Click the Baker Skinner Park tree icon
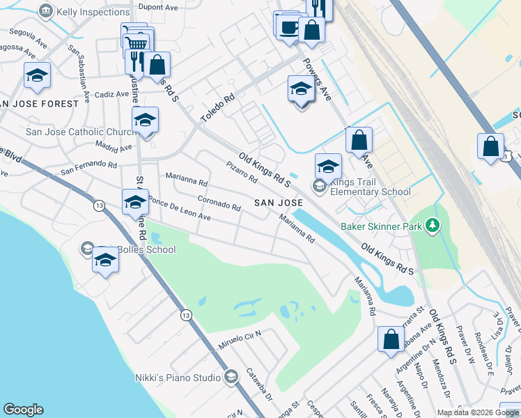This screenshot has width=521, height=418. coord(433,225)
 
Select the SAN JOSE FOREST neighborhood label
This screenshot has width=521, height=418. coord(40,104)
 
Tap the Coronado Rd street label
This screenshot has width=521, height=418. coord(219,205)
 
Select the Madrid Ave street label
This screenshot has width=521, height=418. coord(114,148)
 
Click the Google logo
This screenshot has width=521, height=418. coord(23,410)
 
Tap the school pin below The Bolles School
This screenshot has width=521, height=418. coord(105,262)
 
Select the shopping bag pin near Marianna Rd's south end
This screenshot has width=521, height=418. coord(391,339)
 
